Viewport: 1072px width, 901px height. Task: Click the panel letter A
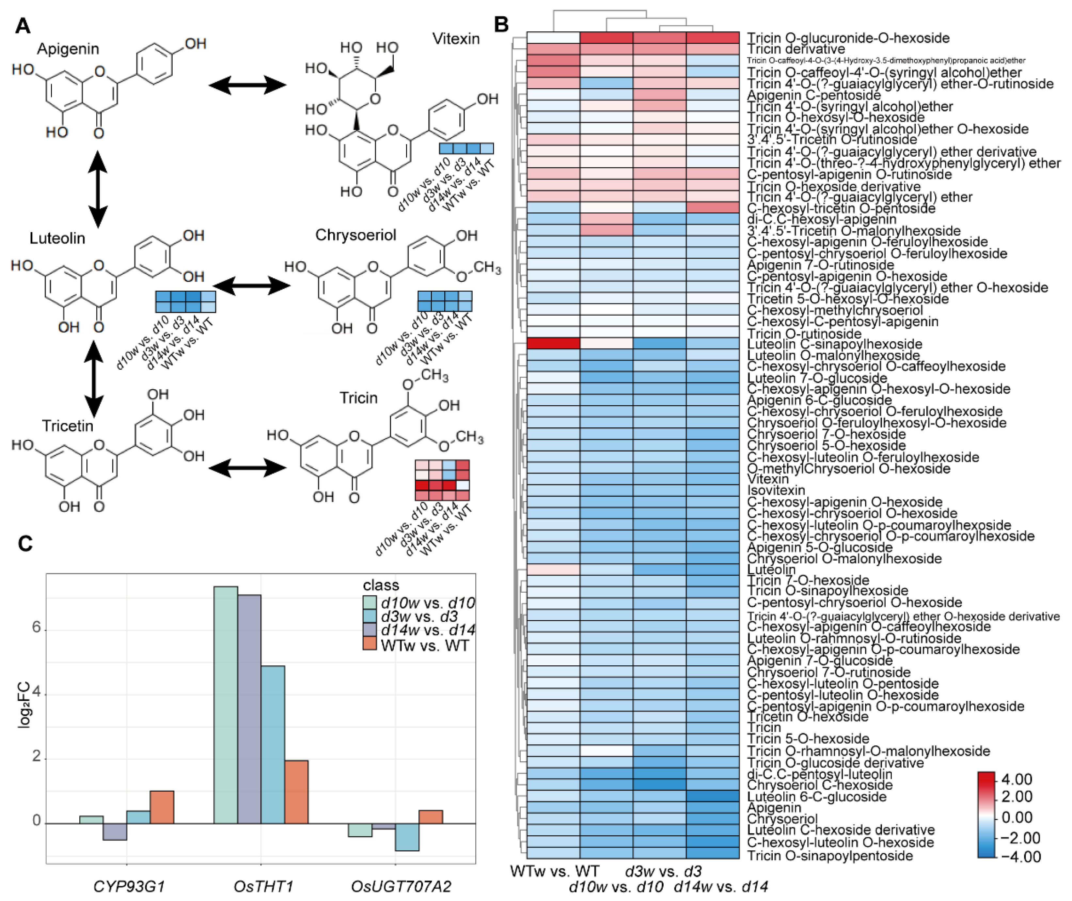pyautogui.click(x=23, y=25)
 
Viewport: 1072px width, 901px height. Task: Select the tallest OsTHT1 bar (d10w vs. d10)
pyautogui.click(x=225, y=705)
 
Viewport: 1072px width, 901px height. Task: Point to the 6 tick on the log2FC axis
pyautogui.click(x=36, y=627)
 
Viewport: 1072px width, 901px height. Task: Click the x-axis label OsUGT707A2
pyautogui.click(x=401, y=887)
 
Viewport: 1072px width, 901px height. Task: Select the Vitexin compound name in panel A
pyautogui.click(x=456, y=39)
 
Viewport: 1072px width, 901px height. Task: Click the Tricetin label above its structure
pyautogui.click(x=68, y=426)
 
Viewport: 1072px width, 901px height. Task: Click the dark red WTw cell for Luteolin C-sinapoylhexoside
pyautogui.click(x=553, y=343)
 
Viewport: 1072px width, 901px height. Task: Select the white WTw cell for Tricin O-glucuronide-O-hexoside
pyautogui.click(x=553, y=38)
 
